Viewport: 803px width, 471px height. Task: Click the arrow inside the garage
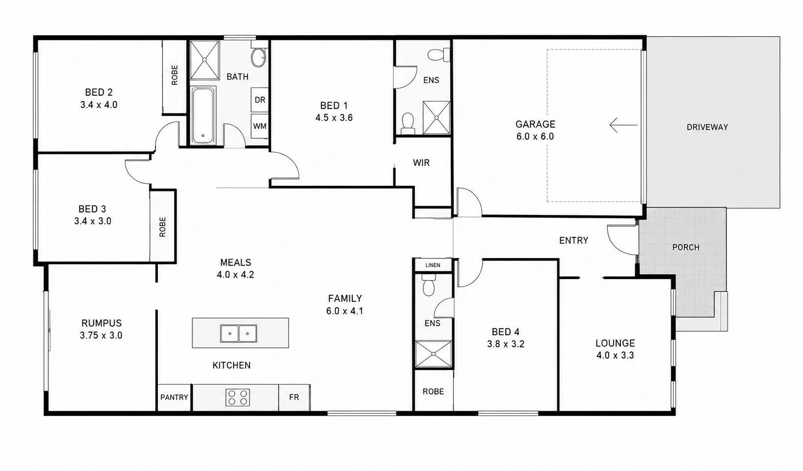pos(623,125)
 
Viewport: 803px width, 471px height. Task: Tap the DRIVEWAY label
pos(707,127)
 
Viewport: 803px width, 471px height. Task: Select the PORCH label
pos(686,247)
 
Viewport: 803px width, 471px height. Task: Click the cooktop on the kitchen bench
pos(238,397)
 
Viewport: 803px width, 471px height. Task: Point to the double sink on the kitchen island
pos(238,333)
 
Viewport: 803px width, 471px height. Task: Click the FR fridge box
pos(294,397)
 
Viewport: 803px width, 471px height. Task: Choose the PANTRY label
pos(174,397)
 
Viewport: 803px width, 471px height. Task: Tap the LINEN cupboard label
pos(433,265)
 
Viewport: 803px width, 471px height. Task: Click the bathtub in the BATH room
pos(203,116)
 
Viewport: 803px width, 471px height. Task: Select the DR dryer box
pos(259,100)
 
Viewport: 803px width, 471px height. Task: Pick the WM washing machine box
pos(259,126)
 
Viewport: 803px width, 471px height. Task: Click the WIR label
pos(421,163)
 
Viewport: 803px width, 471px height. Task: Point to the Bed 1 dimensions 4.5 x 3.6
pos(334,118)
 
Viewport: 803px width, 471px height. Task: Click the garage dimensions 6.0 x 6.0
pos(535,136)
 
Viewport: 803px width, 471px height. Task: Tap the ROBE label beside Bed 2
pos(175,75)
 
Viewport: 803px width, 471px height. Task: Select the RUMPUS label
pos(102,323)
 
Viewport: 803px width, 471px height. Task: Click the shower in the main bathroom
pos(205,60)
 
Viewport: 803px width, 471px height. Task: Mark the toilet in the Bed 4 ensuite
pos(429,285)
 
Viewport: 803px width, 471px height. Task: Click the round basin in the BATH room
pos(259,58)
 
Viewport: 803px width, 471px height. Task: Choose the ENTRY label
pos(573,240)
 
